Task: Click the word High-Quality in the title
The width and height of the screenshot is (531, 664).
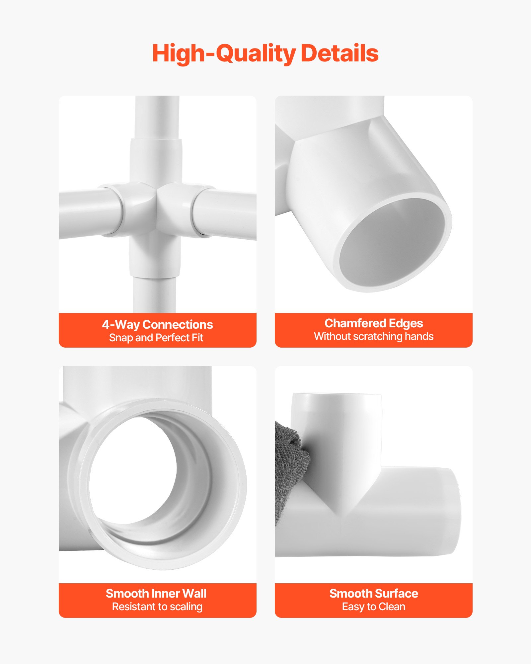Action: click(224, 54)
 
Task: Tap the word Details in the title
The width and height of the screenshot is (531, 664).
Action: click(340, 53)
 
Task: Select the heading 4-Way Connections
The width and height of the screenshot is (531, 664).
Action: click(157, 324)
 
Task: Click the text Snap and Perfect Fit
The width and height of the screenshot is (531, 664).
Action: click(156, 338)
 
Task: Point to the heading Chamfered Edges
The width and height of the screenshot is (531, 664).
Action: click(374, 323)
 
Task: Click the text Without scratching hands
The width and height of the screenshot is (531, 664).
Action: click(374, 336)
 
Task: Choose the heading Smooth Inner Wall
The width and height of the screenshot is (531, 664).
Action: click(156, 593)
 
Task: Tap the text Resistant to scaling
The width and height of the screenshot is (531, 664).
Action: click(157, 607)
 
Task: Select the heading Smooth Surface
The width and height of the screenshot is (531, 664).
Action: click(374, 593)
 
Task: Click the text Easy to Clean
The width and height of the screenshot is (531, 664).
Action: click(374, 607)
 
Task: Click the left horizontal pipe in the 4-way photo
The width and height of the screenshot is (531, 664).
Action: click(90, 212)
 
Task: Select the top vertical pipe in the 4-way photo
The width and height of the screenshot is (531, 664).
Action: click(157, 118)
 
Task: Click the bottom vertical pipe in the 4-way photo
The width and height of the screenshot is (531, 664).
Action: click(154, 294)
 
